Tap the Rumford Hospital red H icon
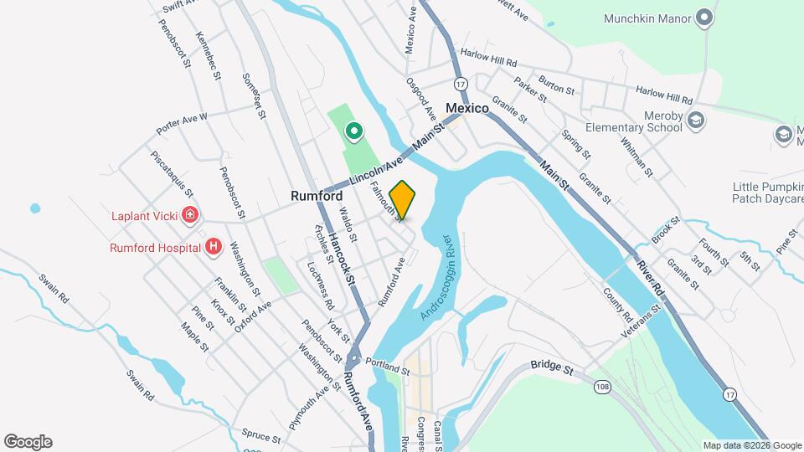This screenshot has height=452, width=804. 214,247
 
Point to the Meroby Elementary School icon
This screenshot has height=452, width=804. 694,122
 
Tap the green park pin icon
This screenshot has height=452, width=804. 354,131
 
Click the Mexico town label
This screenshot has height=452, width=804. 466,108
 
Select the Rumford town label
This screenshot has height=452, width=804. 317,196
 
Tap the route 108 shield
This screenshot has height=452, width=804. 600,386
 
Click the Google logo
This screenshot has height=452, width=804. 28,442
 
